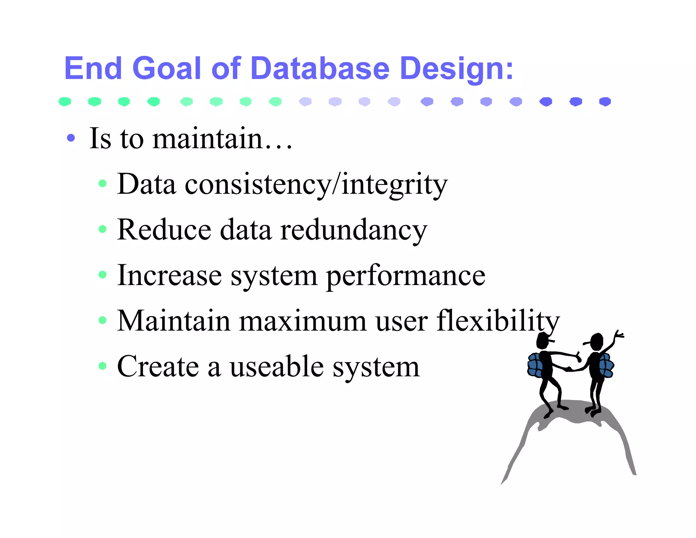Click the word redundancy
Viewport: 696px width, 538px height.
(x=353, y=230)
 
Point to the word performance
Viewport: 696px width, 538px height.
(x=405, y=276)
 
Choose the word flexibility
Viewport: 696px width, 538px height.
(x=498, y=321)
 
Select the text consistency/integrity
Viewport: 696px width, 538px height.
(x=316, y=185)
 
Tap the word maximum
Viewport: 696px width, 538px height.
(x=303, y=321)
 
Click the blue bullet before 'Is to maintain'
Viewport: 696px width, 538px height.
(x=71, y=138)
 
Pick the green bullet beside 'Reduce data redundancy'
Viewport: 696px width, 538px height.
(x=102, y=229)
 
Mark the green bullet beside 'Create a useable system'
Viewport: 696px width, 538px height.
(x=102, y=366)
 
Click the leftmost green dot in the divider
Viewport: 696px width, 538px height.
(x=65, y=101)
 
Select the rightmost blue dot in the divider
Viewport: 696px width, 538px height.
(x=605, y=101)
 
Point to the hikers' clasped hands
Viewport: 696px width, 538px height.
(x=568, y=369)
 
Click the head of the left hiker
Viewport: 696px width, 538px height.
(x=543, y=341)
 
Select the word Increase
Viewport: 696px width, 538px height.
(x=169, y=275)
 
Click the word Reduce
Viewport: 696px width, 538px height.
(x=164, y=230)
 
